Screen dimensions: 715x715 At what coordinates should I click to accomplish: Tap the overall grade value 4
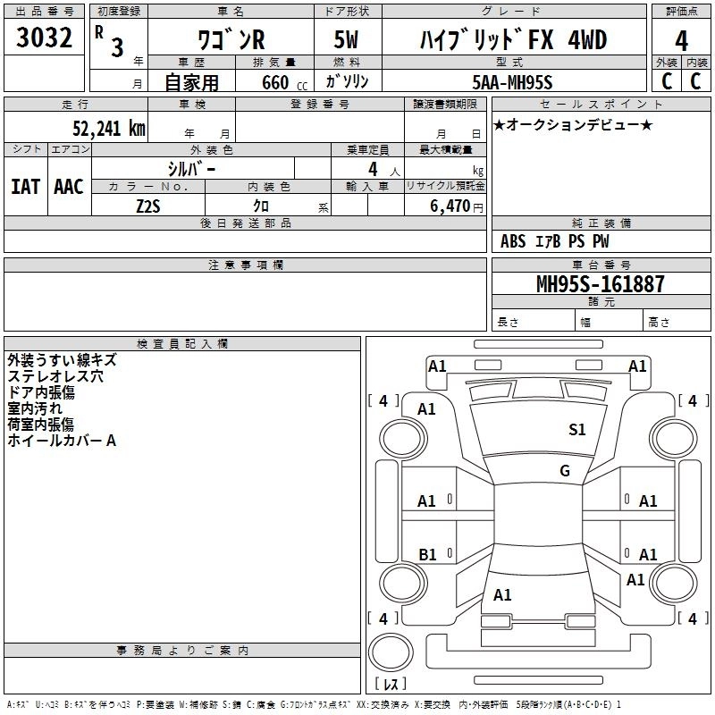(x=681, y=41)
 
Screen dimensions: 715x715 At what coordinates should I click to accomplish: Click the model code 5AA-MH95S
(x=512, y=82)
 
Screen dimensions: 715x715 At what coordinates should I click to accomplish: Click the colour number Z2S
(x=148, y=206)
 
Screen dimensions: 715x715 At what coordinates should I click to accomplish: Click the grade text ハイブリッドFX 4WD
(x=512, y=41)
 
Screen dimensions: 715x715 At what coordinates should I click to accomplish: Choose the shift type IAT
(x=25, y=187)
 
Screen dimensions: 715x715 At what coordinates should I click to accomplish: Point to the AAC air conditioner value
(x=68, y=187)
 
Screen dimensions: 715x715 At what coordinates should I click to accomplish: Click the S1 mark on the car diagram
(x=577, y=430)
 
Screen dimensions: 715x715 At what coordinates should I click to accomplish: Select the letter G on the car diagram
(x=565, y=471)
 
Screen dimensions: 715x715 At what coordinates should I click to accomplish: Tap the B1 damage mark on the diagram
(x=427, y=554)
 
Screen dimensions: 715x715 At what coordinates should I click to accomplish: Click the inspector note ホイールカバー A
(x=62, y=441)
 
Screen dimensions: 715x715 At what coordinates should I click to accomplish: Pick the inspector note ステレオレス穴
(x=55, y=376)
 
